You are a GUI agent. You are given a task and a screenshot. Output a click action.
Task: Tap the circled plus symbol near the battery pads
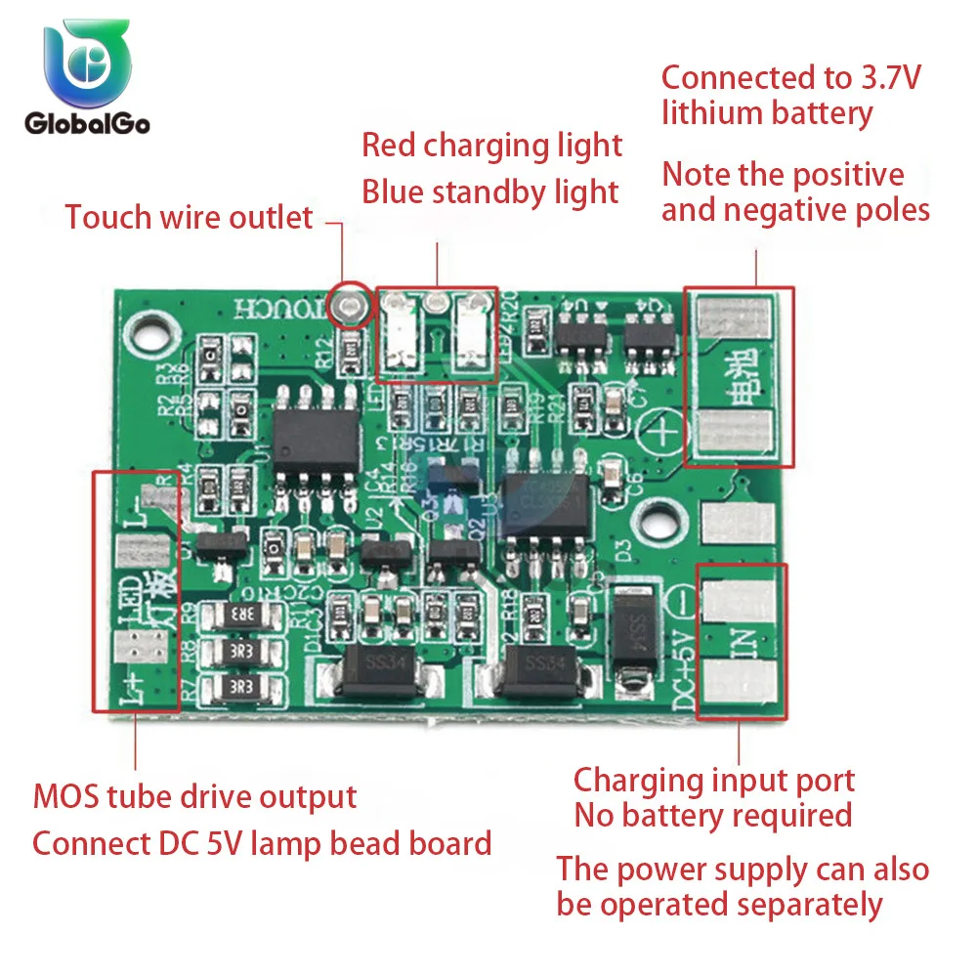665,430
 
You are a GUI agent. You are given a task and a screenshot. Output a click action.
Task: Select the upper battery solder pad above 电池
740,319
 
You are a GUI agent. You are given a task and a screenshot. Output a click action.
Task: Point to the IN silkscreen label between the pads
743,645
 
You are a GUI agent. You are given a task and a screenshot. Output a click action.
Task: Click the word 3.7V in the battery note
885,77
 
